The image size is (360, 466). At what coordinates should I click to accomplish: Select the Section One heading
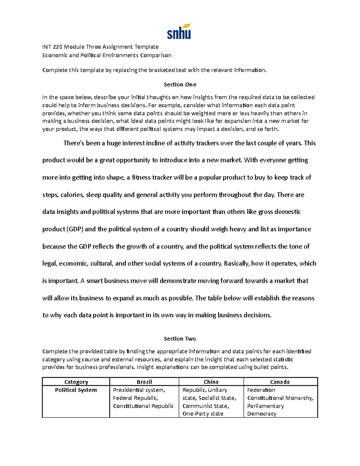(x=180, y=85)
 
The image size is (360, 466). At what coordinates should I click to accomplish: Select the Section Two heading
(x=180, y=339)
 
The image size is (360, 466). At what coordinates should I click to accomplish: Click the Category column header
(x=76, y=382)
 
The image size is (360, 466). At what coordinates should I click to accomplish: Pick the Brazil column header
(x=144, y=382)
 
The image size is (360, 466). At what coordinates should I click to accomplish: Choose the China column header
(x=211, y=382)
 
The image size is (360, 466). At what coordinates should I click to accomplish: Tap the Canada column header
(x=280, y=382)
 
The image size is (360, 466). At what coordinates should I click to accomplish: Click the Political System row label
(x=76, y=390)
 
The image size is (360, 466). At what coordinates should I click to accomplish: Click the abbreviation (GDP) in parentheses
(x=75, y=229)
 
